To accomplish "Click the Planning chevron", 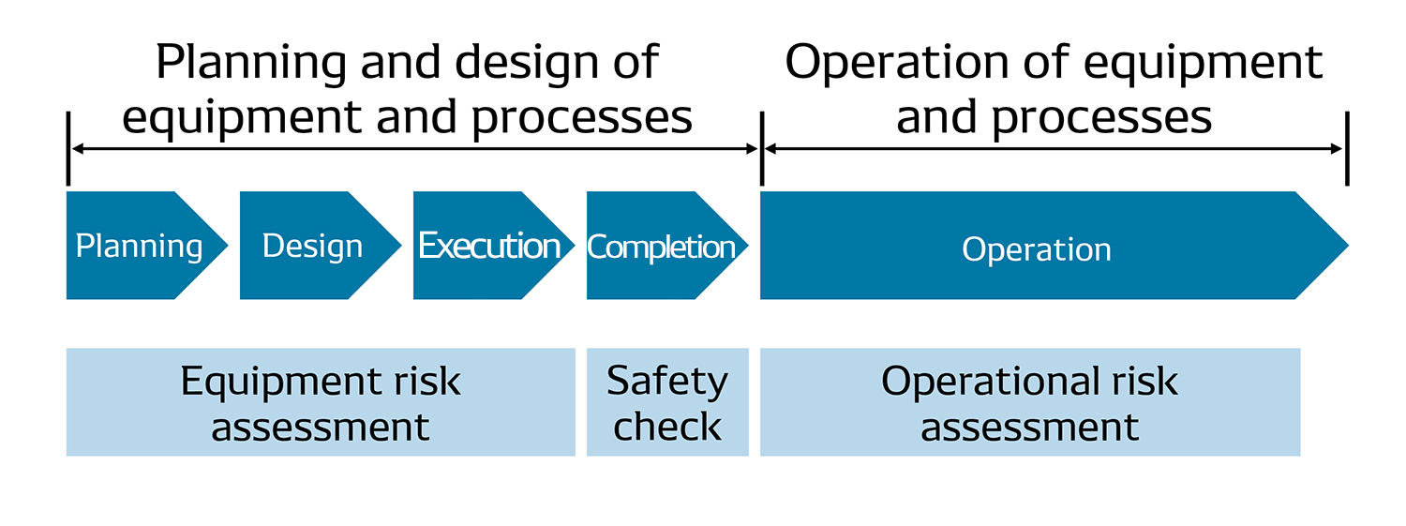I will pos(139,246).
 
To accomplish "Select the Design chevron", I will pos(312,246).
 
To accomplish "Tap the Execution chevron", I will pos(488,246).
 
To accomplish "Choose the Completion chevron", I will pos(662,246).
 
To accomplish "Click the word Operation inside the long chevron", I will pos(1037,249).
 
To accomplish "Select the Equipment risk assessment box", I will pos(321,402).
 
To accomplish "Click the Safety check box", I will pos(667,402).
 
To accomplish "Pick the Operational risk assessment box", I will pos(1029,402).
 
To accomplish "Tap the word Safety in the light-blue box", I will pos(667,381).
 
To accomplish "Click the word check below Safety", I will pos(667,427).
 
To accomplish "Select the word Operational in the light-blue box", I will pos(990,381).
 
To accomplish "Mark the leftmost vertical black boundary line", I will pos(68,149).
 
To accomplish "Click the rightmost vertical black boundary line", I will pos(1347,149).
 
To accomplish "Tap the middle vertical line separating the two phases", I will pos(761,149).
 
